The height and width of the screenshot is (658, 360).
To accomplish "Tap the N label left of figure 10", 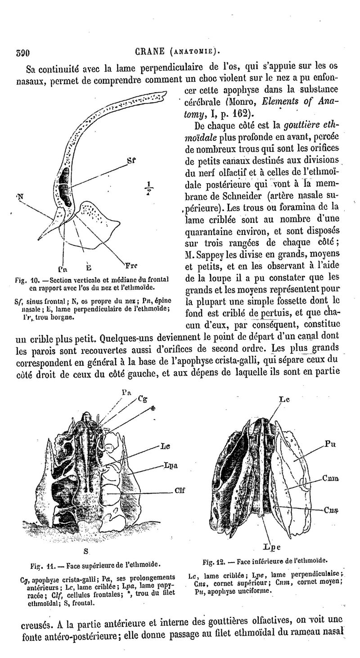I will coord(20,197).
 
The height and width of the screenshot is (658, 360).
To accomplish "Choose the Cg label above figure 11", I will coord(142,398).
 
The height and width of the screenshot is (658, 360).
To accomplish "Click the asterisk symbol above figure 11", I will coord(153,408).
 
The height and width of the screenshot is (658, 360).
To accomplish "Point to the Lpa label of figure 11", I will coord(170,465).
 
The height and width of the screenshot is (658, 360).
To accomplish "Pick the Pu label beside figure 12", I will coord(330,444).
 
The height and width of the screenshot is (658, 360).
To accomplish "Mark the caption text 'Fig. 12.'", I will coord(214,562).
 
